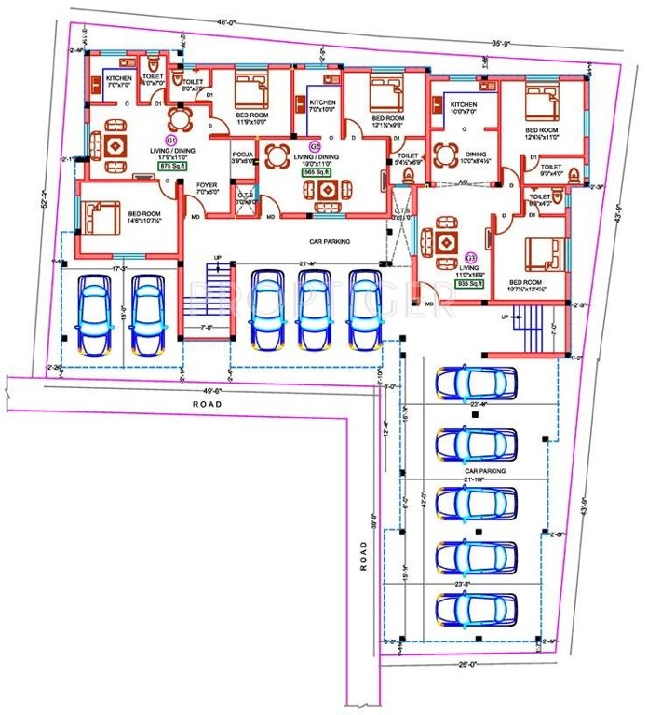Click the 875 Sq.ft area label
172,168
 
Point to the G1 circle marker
170,140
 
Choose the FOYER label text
207,185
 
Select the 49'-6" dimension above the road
213,391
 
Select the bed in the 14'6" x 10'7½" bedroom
100,216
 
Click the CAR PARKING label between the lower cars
485,472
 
